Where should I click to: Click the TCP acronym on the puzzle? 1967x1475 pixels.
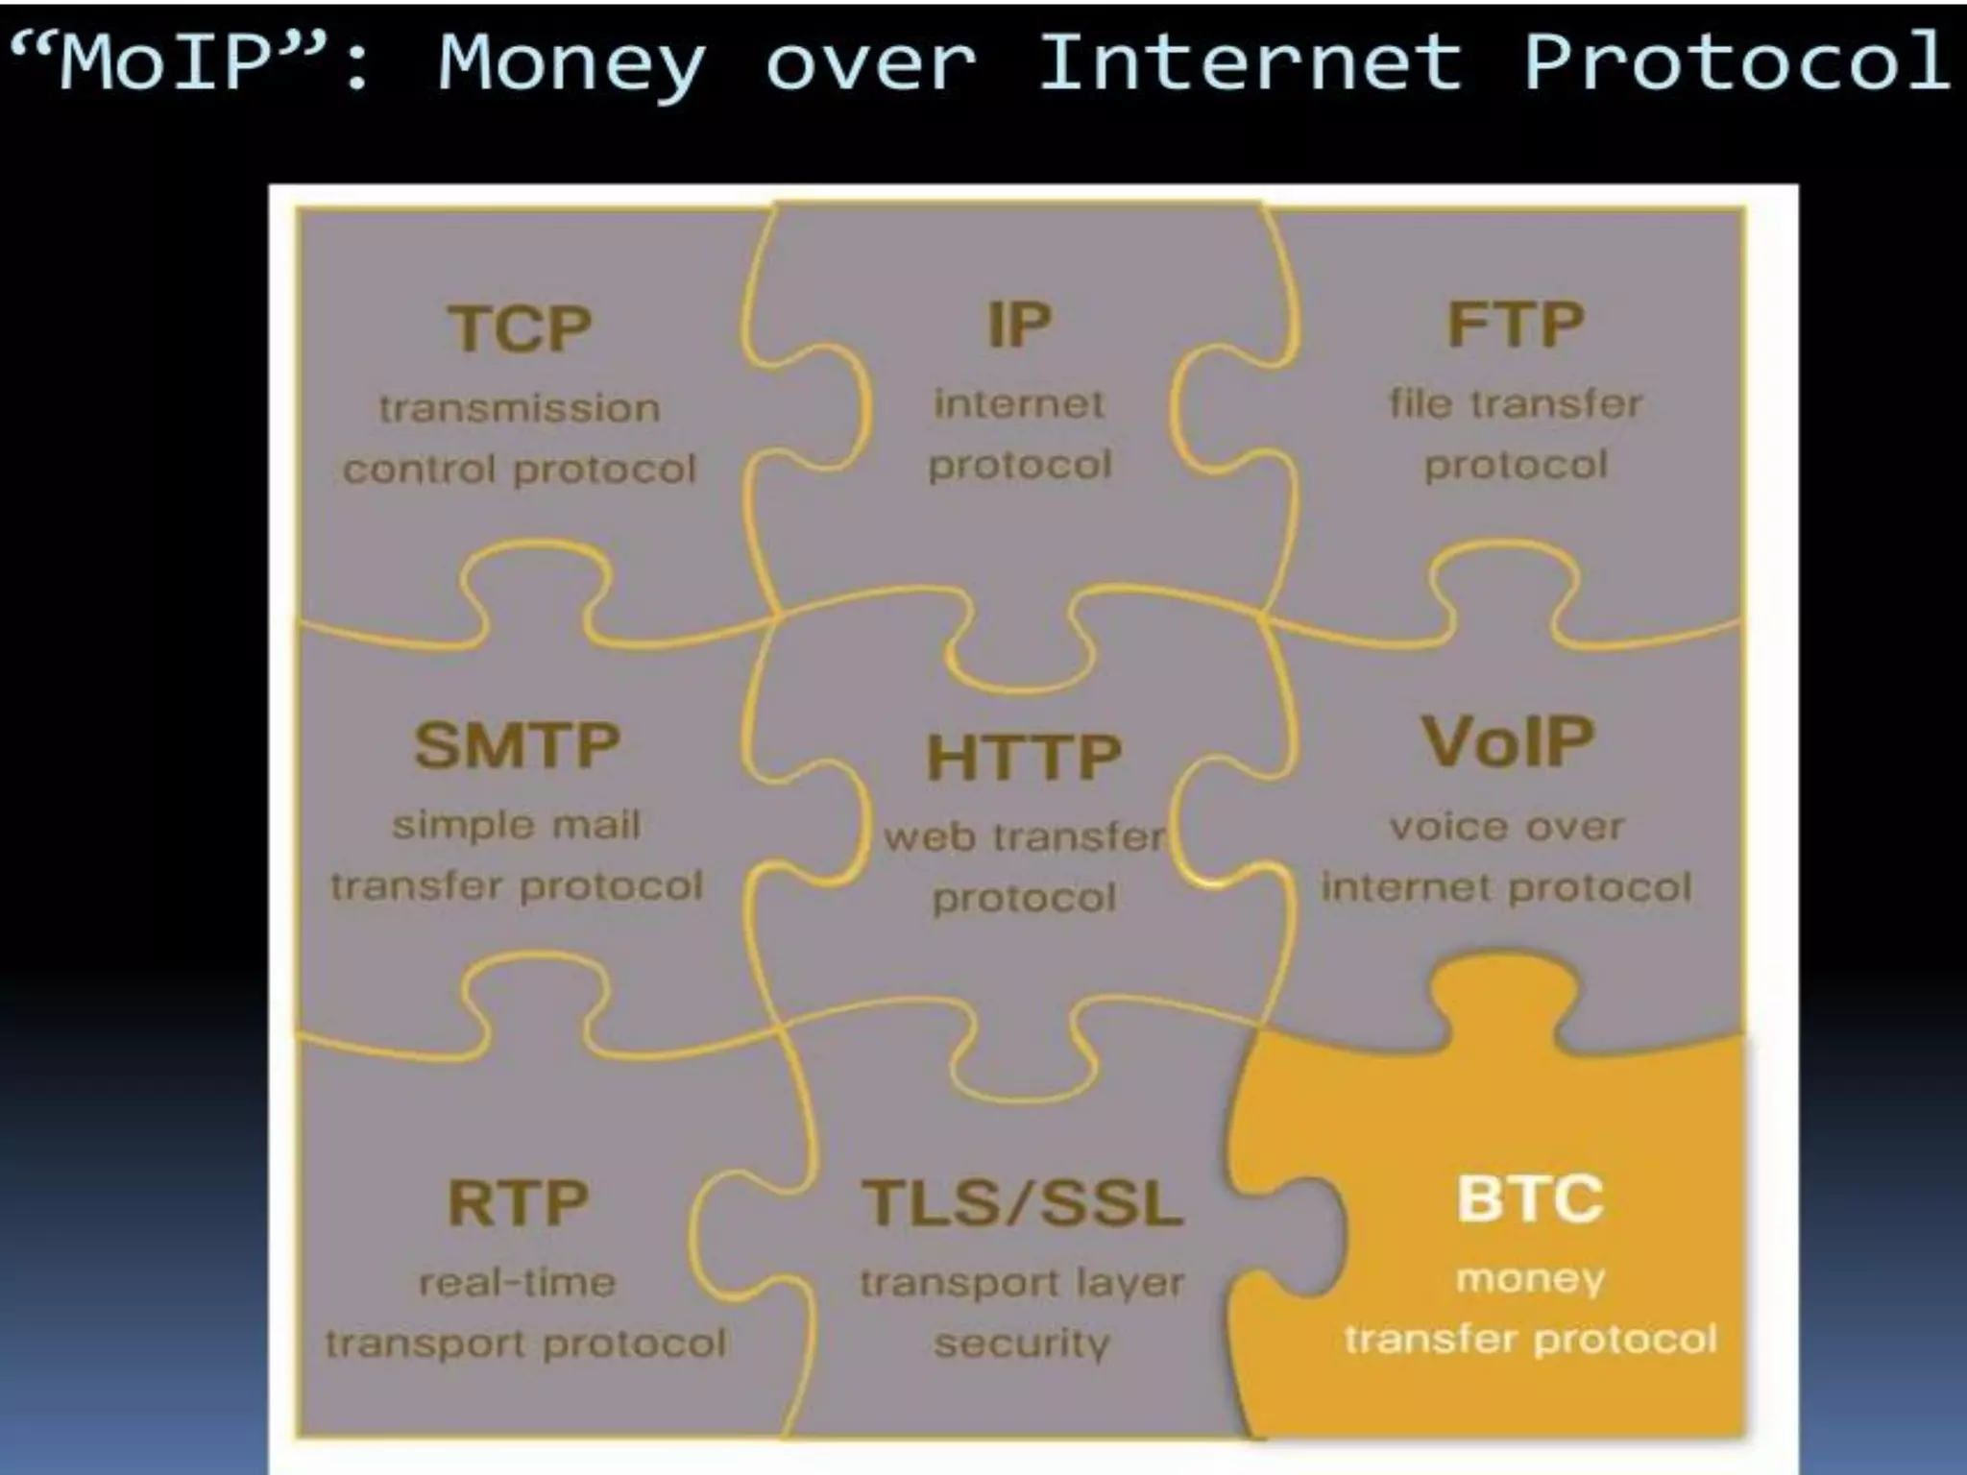520,329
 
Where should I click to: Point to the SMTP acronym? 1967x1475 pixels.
517,745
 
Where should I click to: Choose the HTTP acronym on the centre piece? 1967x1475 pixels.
1024,757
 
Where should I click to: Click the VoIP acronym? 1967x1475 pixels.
1507,742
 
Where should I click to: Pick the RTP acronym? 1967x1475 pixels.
518,1202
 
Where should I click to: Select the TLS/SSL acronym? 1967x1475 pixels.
1022,1202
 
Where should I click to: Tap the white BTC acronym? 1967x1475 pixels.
1530,1198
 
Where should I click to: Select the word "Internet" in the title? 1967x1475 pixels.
1250,61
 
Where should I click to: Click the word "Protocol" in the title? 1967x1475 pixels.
1736,61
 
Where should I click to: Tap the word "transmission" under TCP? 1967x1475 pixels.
520,409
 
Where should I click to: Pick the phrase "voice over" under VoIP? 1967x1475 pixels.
1506,827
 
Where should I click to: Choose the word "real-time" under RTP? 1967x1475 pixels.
518,1283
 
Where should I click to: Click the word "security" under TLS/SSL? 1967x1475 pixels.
1022,1343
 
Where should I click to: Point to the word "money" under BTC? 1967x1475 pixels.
1530,1279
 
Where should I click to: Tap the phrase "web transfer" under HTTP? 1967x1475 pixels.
1024,837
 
